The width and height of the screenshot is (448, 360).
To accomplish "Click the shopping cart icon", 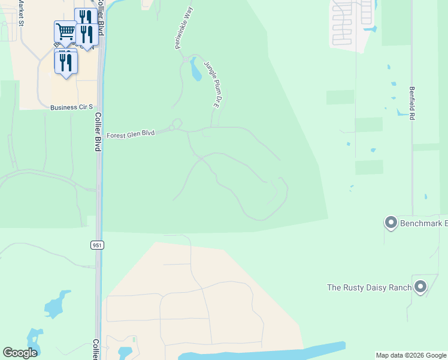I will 65,31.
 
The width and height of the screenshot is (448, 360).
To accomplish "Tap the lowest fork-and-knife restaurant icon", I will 66,62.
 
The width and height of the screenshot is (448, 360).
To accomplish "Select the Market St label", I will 21,13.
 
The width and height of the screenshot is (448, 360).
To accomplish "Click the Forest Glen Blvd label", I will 131,135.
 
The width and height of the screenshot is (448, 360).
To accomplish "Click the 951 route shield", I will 98,245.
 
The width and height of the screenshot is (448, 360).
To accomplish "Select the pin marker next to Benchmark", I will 391,223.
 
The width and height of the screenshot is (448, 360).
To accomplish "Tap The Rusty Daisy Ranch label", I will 369,287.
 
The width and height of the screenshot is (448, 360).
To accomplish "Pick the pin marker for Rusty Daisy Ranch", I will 420,287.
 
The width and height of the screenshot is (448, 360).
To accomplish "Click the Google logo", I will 20,353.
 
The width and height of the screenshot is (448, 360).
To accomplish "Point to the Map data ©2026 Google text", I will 411,355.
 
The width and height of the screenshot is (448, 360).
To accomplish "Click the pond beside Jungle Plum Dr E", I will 196,70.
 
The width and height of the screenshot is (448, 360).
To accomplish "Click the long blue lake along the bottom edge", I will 264,353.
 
